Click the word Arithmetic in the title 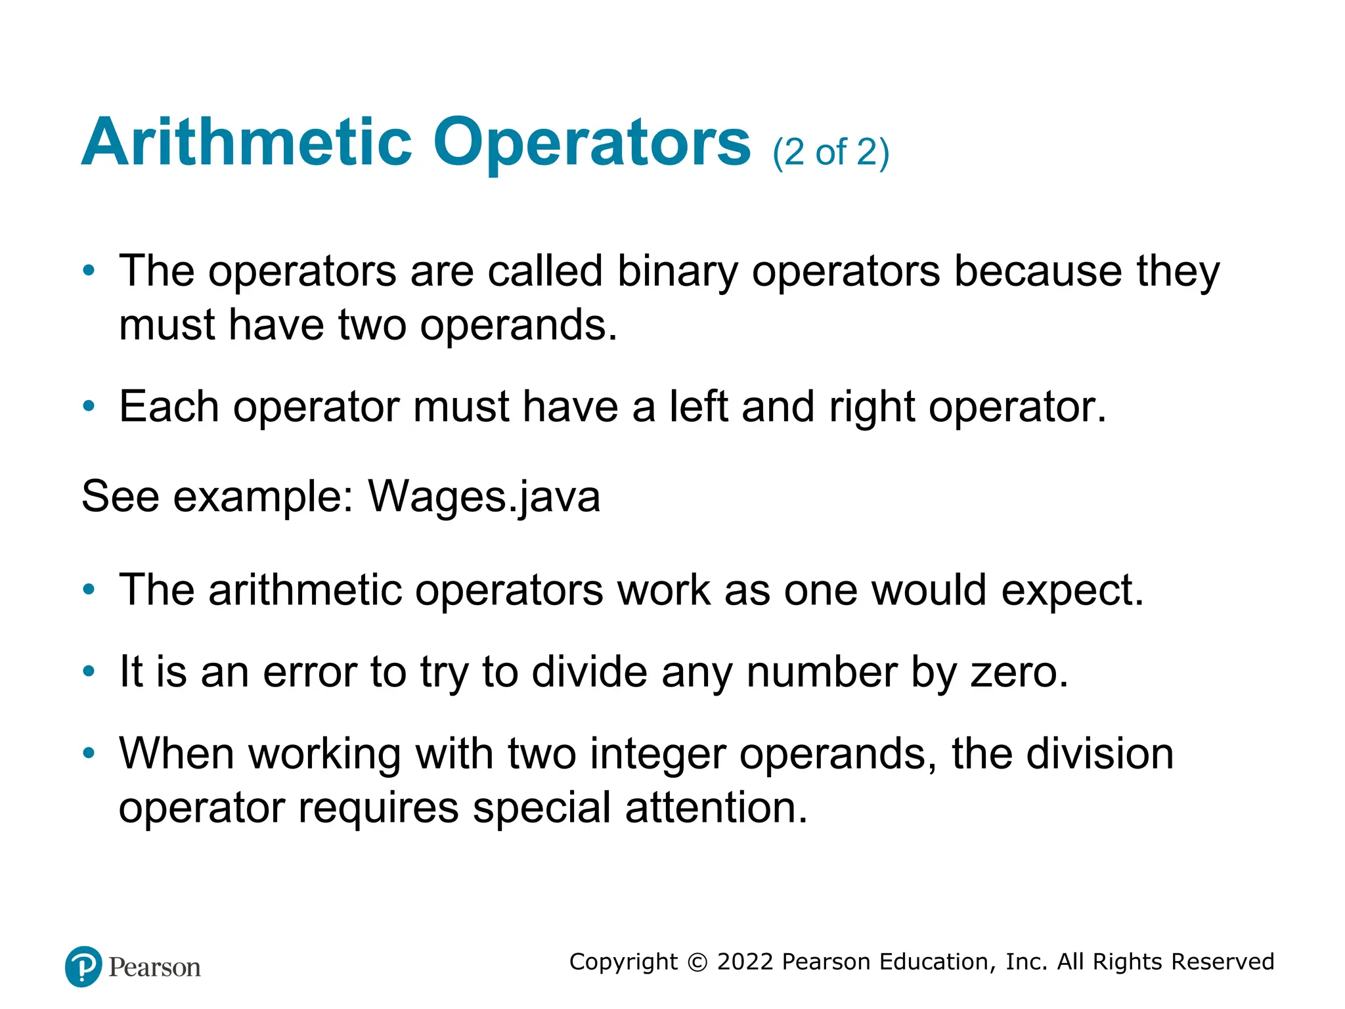click(247, 143)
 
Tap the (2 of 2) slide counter click(831, 152)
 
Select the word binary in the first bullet click(677, 272)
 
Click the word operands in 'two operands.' click(518, 326)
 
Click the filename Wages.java click(484, 497)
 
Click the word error click(309, 672)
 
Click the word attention click(716, 807)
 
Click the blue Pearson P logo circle click(83, 966)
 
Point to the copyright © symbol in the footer click(697, 962)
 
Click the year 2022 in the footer click(745, 962)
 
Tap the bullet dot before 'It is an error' click(89, 671)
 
